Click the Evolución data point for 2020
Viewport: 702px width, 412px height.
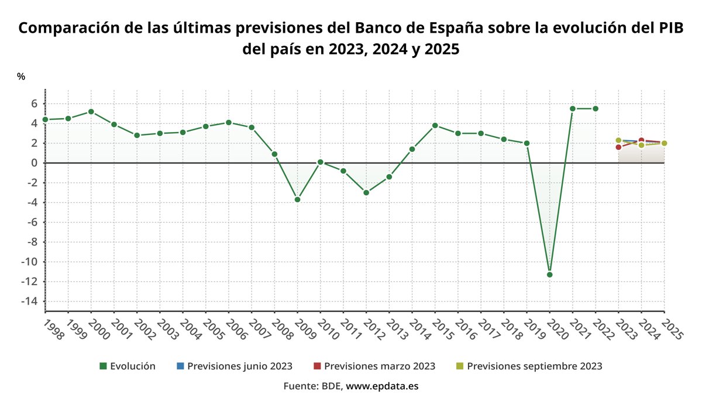coord(549,274)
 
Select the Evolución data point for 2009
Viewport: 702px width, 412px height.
coord(297,199)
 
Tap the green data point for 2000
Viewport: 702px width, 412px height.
coord(91,112)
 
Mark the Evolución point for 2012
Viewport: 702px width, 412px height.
coord(366,192)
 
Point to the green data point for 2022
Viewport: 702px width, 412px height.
coord(596,108)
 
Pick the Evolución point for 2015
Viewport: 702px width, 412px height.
coord(435,125)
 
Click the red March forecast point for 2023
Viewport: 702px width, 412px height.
coord(618,147)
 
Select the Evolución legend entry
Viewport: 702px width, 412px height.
coord(128,366)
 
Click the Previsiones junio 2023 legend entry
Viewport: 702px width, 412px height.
coord(235,366)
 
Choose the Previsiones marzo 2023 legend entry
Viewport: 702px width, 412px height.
coord(374,366)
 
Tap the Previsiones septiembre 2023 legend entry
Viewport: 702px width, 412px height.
coord(529,366)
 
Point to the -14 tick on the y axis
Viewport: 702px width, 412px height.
coord(30,301)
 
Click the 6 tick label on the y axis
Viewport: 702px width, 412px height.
coord(34,103)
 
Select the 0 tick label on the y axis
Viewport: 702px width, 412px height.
coord(34,163)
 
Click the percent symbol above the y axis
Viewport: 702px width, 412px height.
coord(21,77)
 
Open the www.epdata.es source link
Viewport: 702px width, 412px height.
coord(382,386)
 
